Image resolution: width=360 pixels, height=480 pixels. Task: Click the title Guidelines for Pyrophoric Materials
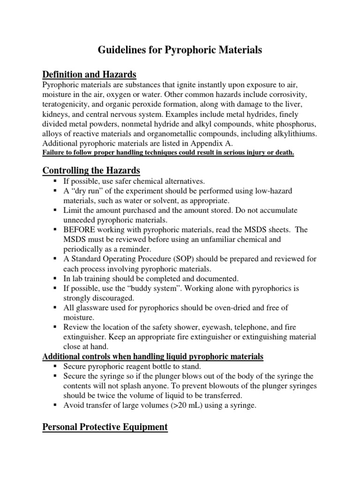click(180, 50)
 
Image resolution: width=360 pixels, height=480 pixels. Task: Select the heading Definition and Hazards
click(89, 75)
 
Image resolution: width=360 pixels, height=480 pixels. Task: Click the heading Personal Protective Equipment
click(105, 427)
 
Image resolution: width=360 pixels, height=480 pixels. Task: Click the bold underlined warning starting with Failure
click(168, 153)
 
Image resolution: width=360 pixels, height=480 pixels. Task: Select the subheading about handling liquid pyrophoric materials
click(153, 357)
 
